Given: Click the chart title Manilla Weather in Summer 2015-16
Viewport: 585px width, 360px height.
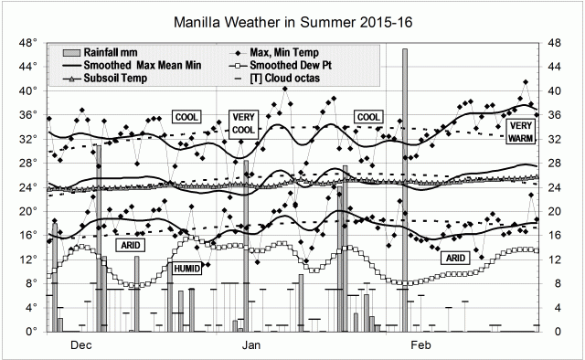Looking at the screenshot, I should (x=292, y=21).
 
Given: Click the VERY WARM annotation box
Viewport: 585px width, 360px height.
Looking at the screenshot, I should (x=522, y=131).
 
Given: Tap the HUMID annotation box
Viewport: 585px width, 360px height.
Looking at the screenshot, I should (x=186, y=269).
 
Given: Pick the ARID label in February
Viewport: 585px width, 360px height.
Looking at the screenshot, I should (x=455, y=259).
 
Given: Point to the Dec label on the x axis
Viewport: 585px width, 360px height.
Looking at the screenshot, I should (x=80, y=346).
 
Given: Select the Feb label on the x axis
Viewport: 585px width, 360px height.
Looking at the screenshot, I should (x=420, y=346).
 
